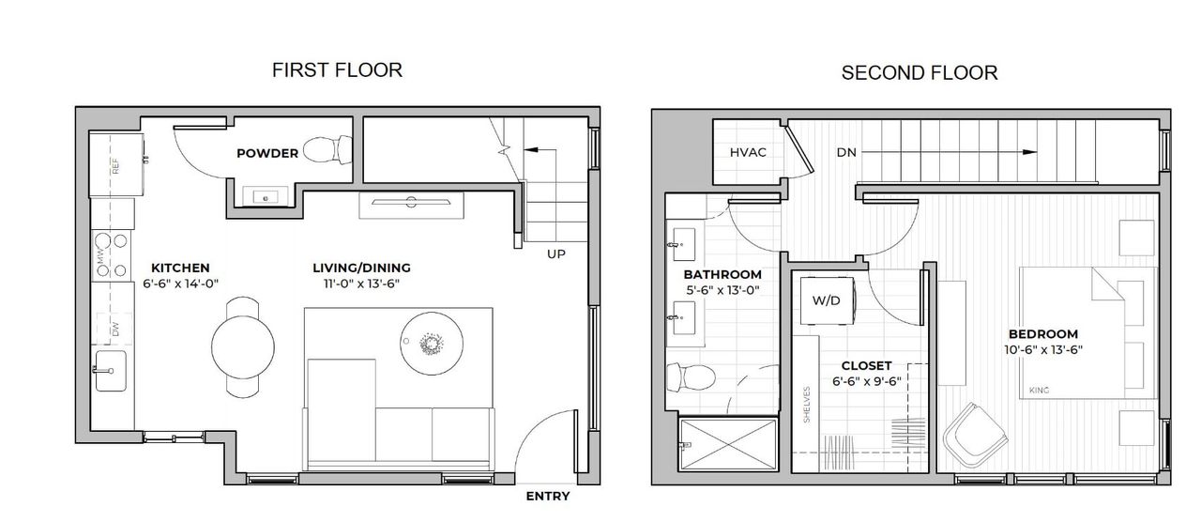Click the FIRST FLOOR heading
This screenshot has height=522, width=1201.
(x=337, y=69)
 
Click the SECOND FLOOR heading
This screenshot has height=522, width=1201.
(x=919, y=72)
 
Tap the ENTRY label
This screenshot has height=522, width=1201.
(x=547, y=497)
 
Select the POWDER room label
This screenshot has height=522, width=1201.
(x=267, y=153)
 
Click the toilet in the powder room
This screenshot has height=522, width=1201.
(x=328, y=149)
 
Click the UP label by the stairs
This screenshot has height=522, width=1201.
(x=556, y=253)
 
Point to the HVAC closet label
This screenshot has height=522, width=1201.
(x=749, y=152)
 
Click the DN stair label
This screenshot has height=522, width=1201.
(x=846, y=152)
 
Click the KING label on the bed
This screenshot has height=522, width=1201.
(x=1039, y=390)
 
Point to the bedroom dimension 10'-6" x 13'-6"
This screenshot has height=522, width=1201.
(x=1042, y=349)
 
